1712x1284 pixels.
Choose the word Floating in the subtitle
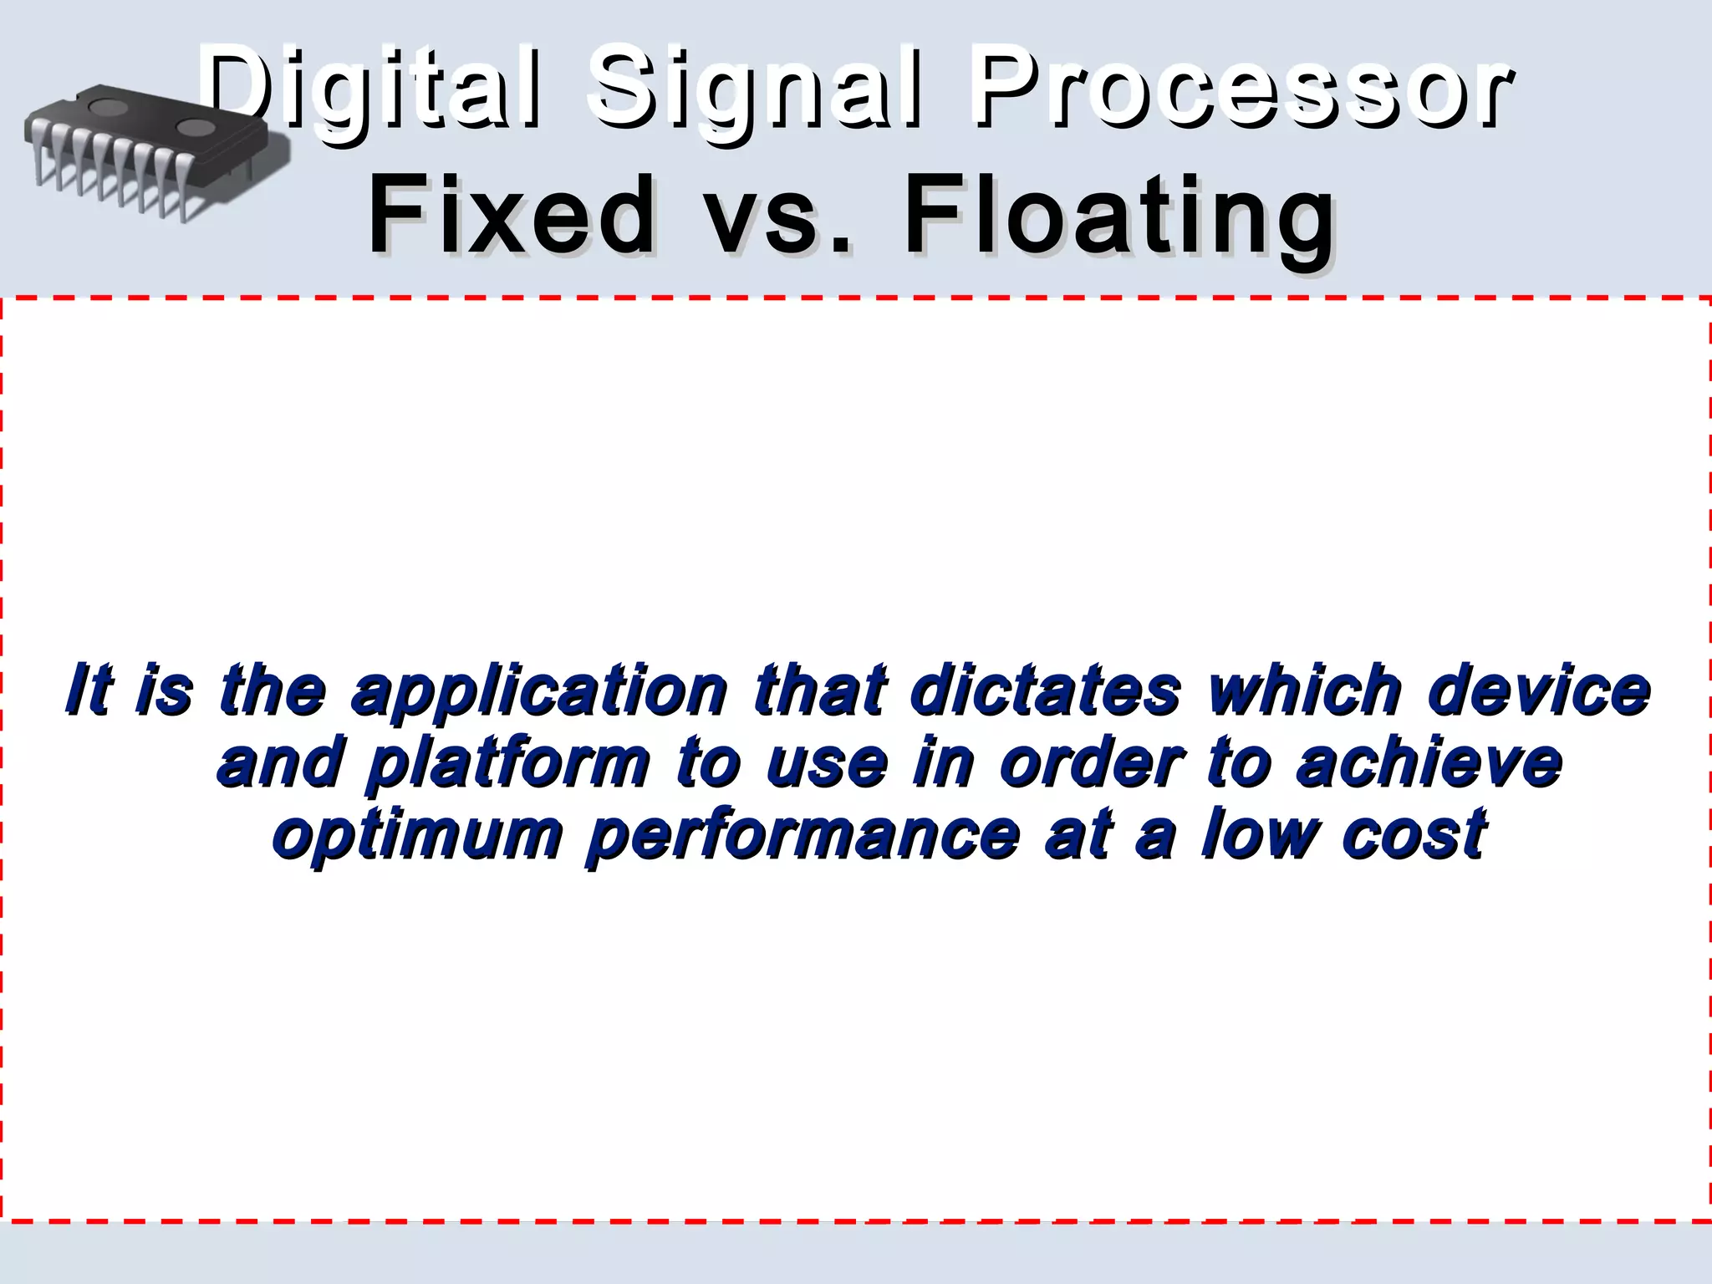[1120, 217]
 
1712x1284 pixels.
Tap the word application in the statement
[539, 692]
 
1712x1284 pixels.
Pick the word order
[1092, 762]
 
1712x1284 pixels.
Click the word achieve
[1429, 762]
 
